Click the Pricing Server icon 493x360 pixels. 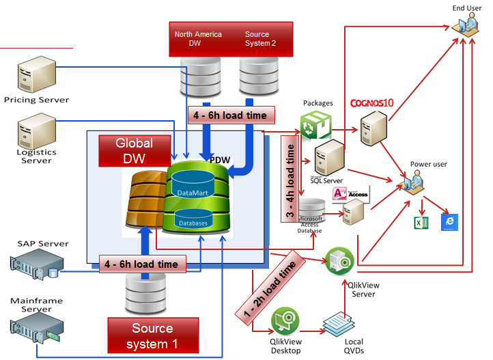click(35, 77)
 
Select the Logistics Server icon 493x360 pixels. click(36, 129)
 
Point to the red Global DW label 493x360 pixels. click(135, 151)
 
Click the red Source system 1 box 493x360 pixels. click(153, 335)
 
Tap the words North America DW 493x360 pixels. click(189, 38)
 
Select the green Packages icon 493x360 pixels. click(315, 126)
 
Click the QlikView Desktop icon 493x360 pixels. click(285, 320)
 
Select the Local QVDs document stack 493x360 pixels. click(339, 323)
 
